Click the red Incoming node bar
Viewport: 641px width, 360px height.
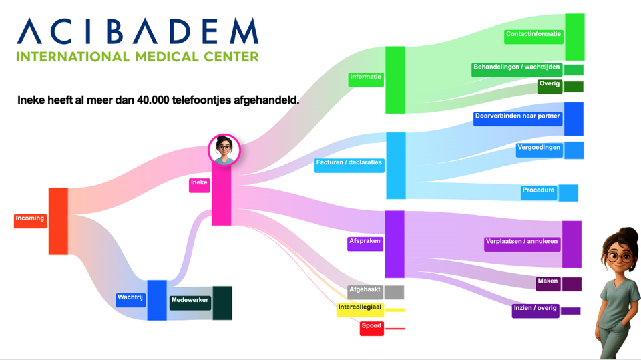58,221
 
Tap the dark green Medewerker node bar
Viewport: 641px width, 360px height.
222,303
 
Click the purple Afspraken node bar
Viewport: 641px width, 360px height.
395,244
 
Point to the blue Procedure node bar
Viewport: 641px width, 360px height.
568,192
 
